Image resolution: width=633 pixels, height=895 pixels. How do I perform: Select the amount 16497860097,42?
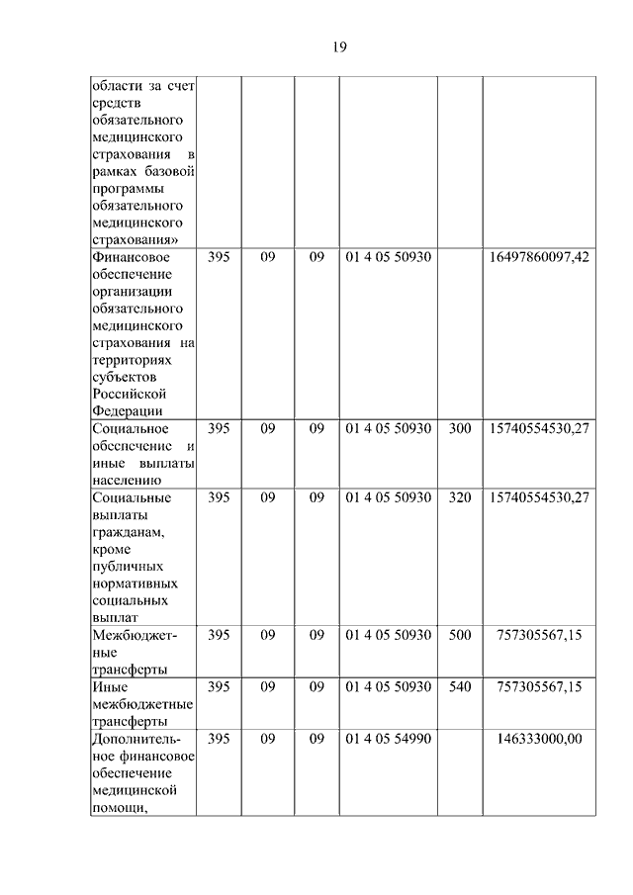click(539, 257)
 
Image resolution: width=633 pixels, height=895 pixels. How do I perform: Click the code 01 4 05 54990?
click(389, 739)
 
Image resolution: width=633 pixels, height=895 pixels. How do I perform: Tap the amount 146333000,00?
click(539, 739)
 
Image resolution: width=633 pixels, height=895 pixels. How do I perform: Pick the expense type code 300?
click(460, 429)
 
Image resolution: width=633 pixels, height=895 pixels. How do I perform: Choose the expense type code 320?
click(460, 497)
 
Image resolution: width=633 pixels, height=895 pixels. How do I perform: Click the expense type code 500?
click(460, 635)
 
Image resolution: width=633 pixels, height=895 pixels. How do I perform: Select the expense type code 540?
click(460, 686)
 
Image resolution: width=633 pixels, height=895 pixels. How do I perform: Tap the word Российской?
click(127, 395)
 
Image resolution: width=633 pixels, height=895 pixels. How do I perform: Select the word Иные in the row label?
click(108, 686)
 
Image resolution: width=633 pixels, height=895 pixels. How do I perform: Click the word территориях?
click(130, 360)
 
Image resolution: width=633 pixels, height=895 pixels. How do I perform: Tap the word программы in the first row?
click(127, 189)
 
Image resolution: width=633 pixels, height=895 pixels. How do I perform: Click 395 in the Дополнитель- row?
click(219, 739)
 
